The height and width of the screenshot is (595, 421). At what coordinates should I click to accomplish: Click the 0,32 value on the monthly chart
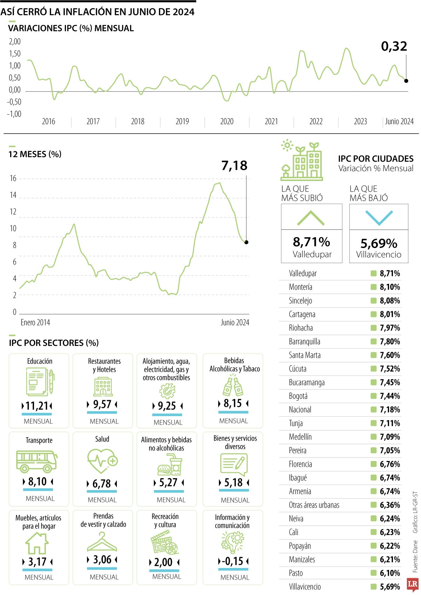(x=394, y=46)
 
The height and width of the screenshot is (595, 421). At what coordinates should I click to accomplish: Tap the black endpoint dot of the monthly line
(x=406, y=81)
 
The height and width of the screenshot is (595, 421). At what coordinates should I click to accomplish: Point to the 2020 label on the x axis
(x=227, y=121)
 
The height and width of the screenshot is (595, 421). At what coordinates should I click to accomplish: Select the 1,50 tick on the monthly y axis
(x=15, y=54)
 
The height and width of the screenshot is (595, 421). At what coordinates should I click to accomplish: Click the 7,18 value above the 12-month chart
(x=234, y=166)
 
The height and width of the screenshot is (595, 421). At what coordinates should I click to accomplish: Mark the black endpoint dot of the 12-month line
(x=246, y=242)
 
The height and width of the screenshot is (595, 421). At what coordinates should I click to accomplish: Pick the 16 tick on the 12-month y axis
(x=13, y=178)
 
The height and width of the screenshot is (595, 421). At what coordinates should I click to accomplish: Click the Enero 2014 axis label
(x=35, y=322)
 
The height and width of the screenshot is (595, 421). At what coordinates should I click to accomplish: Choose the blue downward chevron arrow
(x=379, y=218)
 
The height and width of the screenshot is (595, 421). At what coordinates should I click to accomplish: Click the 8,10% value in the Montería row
(x=390, y=287)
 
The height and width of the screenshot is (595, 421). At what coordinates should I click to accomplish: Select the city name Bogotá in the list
(x=298, y=396)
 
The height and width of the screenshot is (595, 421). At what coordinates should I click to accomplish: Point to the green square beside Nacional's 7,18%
(x=374, y=409)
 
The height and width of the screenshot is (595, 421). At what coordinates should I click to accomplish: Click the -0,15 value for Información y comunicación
(x=233, y=561)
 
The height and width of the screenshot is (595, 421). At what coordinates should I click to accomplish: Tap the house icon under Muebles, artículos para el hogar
(x=37, y=543)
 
